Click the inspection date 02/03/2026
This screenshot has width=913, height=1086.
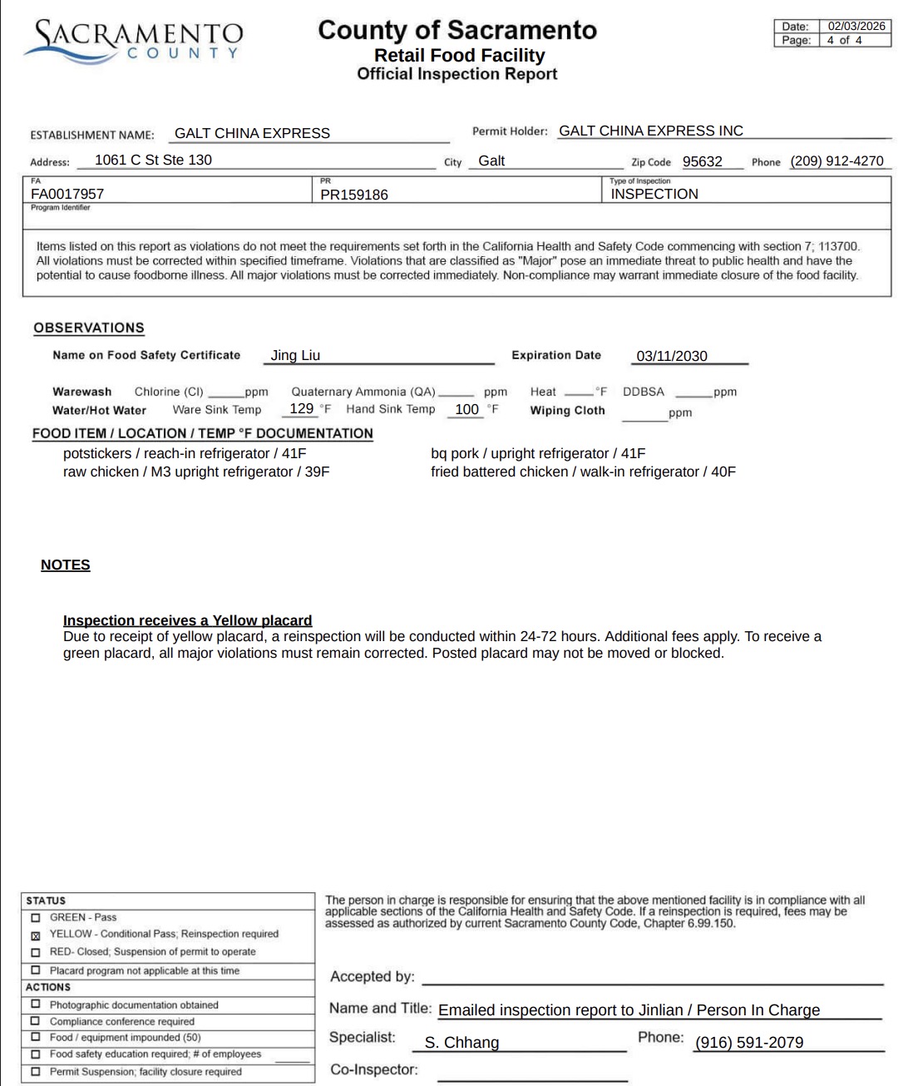[856, 26]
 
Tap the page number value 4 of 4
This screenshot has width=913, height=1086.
[844, 40]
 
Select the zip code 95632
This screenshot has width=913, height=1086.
[702, 161]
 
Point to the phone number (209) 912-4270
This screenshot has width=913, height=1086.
[837, 161]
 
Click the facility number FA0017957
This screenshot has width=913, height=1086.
[67, 194]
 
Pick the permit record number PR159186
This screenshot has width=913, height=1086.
[354, 195]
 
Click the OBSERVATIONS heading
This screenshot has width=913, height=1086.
[89, 328]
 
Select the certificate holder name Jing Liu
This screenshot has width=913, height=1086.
[295, 355]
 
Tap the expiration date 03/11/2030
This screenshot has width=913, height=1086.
[672, 356]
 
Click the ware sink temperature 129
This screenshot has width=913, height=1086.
[301, 408]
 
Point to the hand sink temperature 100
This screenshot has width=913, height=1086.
[466, 409]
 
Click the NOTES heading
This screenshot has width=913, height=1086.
[66, 565]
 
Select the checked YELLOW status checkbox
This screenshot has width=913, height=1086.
[35, 935]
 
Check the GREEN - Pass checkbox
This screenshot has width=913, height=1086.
[35, 917]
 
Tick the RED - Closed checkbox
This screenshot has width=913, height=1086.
[35, 952]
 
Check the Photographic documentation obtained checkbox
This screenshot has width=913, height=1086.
[35, 1005]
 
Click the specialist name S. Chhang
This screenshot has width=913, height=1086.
[461, 1043]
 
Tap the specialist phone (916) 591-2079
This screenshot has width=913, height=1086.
[749, 1043]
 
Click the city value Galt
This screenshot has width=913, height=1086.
[491, 161]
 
